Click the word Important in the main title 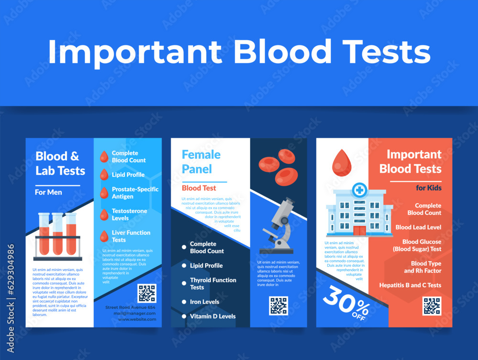pos(135,52)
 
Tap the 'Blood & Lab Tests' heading pos(60,164)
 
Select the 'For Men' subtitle pos(48,192)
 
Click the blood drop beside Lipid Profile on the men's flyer pos(104,175)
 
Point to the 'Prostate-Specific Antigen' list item pos(135,193)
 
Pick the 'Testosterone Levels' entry pos(129,214)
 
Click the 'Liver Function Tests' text pos(130,236)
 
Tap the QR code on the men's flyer pos(147,293)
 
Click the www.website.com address pos(137,319)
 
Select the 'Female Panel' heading pos(201,162)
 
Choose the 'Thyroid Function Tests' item pos(213,284)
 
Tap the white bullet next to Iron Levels pos(184,302)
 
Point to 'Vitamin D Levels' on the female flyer pos(212,316)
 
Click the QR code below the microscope pos(278,305)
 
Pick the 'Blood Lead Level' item pos(418,227)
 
